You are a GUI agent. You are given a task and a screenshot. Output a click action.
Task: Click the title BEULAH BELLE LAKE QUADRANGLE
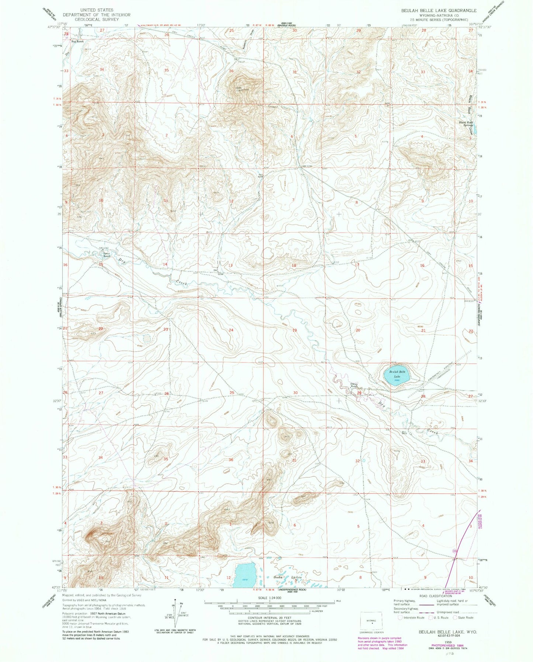(439, 11)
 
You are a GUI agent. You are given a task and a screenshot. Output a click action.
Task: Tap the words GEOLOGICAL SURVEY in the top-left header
(96, 19)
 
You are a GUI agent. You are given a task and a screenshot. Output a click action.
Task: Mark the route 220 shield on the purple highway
(455, 551)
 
